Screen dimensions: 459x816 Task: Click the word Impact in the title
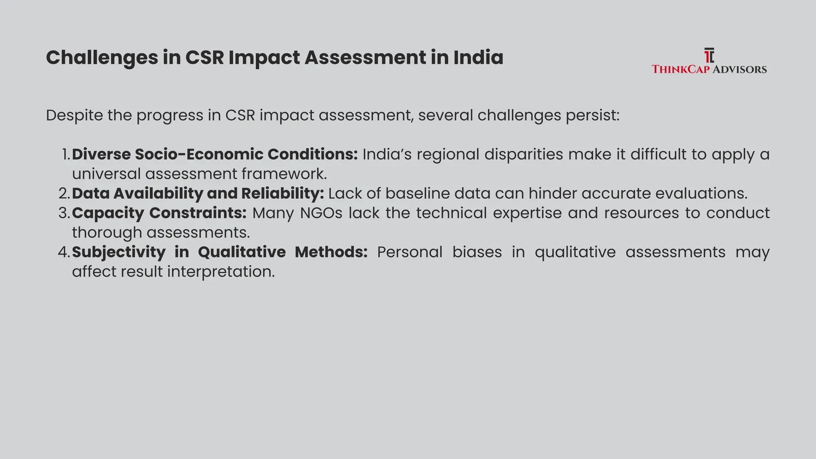pyautogui.click(x=264, y=58)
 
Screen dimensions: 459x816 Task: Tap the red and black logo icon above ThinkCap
pyautogui.click(x=709, y=56)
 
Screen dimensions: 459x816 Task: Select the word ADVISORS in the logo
pyautogui.click(x=739, y=69)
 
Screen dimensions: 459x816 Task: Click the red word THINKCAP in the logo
pyautogui.click(x=681, y=69)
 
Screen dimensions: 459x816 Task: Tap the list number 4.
pyautogui.click(x=64, y=252)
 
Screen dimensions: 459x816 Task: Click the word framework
pyautogui.click(x=284, y=174)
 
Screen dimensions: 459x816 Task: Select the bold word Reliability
pyautogui.click(x=282, y=194)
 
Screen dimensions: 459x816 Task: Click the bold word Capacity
pyautogui.click(x=108, y=213)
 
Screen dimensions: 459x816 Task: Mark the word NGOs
pyautogui.click(x=321, y=213)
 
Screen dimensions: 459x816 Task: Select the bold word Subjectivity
pyautogui.click(x=119, y=252)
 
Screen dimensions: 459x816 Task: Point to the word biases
pyautogui.click(x=477, y=252)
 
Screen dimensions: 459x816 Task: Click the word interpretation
pyautogui.click(x=221, y=272)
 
